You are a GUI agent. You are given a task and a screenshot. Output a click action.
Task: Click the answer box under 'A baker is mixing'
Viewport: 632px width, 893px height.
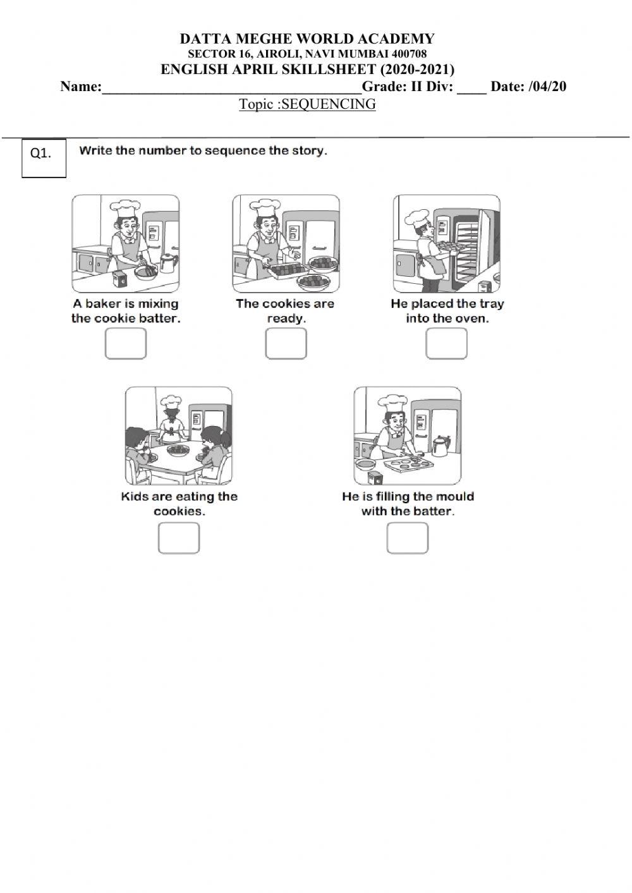125,344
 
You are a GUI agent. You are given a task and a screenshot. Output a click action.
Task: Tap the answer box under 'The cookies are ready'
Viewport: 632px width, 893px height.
286,344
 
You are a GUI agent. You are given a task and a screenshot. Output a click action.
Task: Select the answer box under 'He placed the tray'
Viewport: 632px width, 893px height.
446,344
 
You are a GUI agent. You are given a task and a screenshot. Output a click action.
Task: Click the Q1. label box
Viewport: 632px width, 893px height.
44,158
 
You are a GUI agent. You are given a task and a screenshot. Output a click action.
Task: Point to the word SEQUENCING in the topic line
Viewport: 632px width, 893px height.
328,104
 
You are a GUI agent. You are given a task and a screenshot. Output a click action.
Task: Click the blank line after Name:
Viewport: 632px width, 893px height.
231,87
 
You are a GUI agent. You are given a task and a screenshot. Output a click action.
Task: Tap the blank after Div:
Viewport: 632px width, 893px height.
471,87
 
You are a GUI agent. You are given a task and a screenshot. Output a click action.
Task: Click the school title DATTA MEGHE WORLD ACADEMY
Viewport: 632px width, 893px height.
307,39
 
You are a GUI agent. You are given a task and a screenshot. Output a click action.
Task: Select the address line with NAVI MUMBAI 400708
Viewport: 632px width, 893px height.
307,54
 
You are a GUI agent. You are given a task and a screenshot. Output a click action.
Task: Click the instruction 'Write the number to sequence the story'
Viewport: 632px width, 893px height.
203,151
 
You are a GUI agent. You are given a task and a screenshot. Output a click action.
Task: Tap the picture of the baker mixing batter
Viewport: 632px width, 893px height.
125,243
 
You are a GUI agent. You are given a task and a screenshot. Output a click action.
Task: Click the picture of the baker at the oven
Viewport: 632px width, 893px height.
446,243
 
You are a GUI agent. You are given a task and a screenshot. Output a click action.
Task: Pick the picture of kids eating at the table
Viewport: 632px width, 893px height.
178,435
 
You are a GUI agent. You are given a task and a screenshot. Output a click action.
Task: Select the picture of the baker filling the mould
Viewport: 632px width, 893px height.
407,435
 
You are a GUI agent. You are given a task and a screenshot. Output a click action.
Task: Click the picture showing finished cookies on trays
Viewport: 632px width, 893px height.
286,243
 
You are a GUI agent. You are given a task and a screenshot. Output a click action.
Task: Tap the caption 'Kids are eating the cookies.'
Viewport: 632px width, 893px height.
179,504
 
